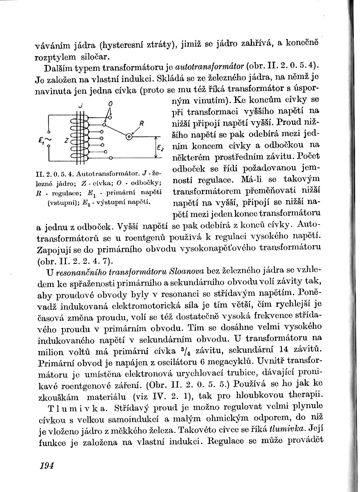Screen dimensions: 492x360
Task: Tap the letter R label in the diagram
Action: [x=142, y=124]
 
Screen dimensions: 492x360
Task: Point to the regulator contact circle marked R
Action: [x=128, y=136]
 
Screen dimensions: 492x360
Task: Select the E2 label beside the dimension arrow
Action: [x=160, y=148]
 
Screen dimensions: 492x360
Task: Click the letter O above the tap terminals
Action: [x=110, y=103]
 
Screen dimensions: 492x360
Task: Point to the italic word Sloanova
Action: [x=187, y=271]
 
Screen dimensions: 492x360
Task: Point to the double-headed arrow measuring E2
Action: [x=157, y=147]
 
